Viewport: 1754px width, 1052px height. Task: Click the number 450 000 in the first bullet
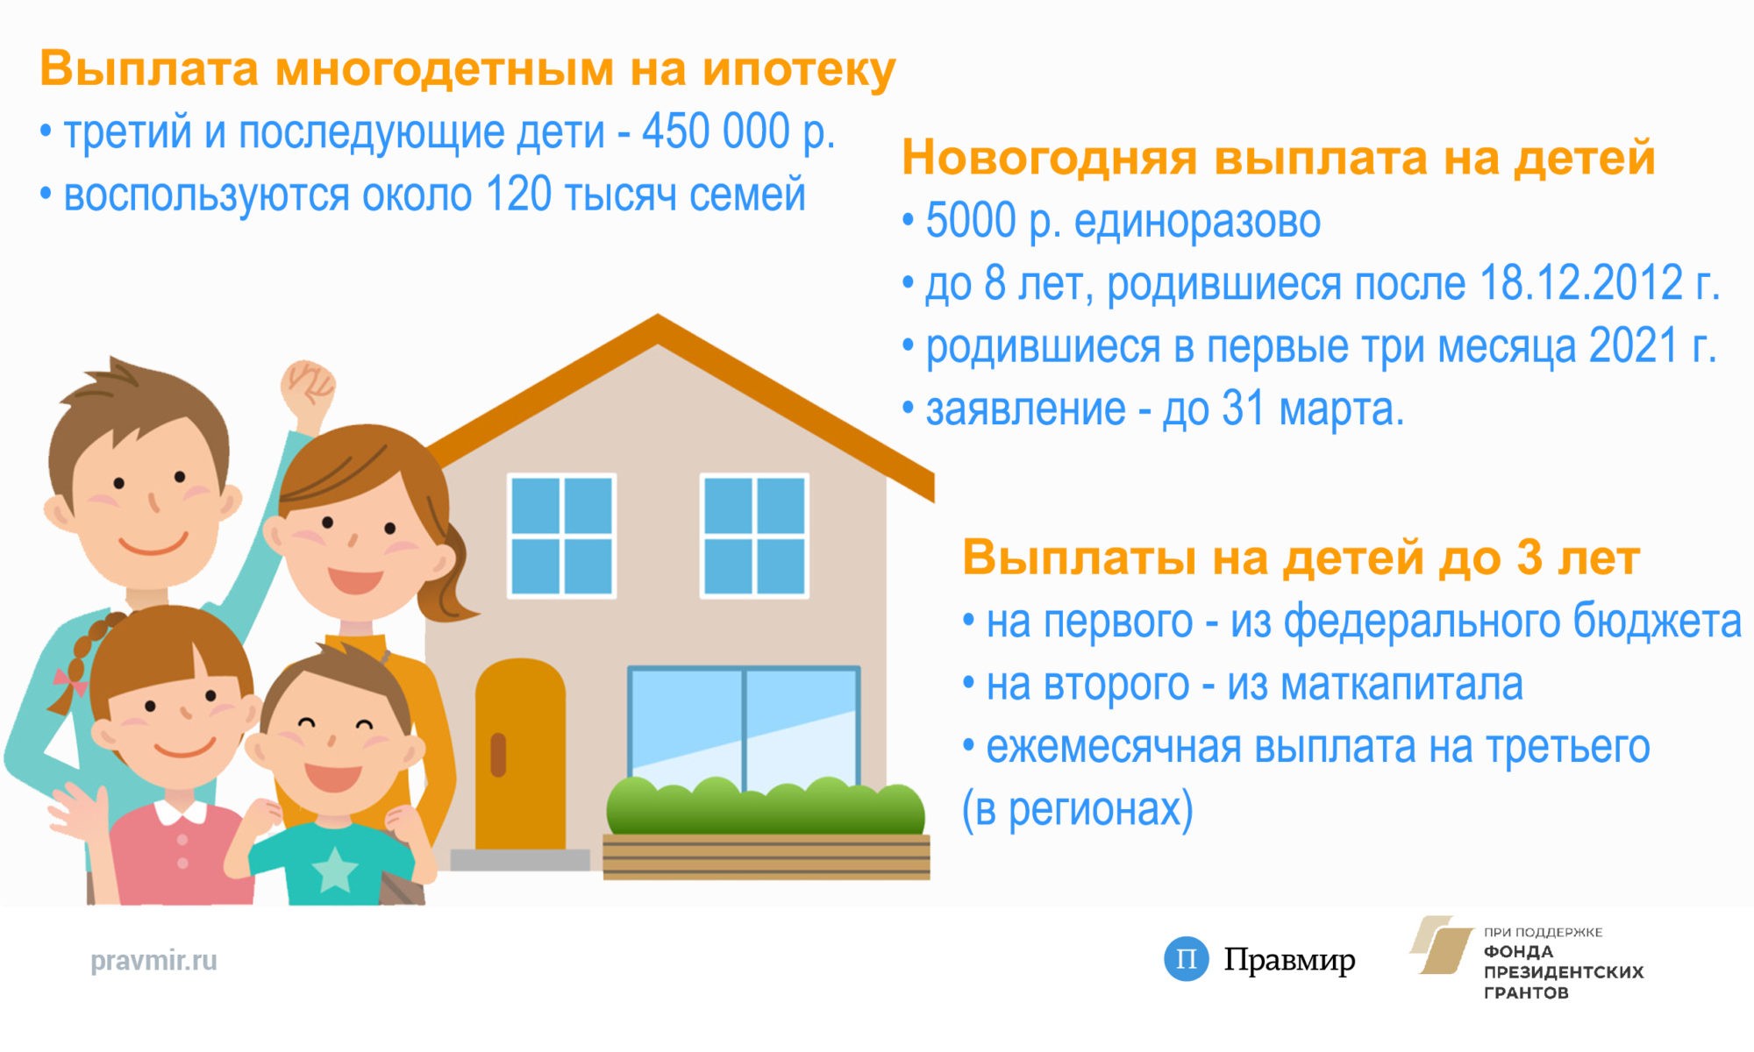pyautogui.click(x=715, y=131)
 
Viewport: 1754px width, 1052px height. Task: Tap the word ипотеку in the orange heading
pyautogui.click(x=799, y=70)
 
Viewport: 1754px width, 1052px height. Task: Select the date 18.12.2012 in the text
pyautogui.click(x=1581, y=283)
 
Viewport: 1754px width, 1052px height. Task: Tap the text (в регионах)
pyautogui.click(x=1078, y=810)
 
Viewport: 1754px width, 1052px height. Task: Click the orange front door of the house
pyautogui.click(x=520, y=754)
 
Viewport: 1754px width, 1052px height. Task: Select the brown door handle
pyautogui.click(x=498, y=755)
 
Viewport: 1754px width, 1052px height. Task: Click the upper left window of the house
pyautogui.click(x=562, y=536)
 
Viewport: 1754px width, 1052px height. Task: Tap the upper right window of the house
pyautogui.click(x=754, y=536)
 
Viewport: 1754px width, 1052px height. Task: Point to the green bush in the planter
pyautogui.click(x=765, y=806)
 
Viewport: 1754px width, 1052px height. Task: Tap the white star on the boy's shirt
pyautogui.click(x=334, y=870)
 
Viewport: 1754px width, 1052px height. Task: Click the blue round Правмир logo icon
pyautogui.click(x=1186, y=958)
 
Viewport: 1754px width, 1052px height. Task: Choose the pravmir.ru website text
pyautogui.click(x=153, y=961)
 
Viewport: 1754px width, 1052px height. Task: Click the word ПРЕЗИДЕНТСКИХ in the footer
pyautogui.click(x=1564, y=972)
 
